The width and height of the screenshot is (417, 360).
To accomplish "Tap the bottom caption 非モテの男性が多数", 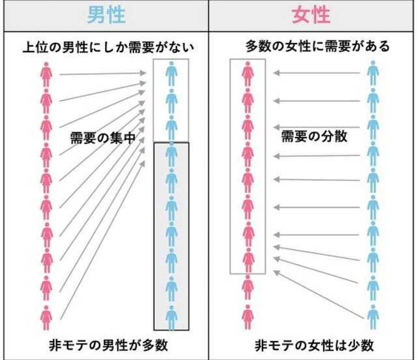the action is tap(106, 344).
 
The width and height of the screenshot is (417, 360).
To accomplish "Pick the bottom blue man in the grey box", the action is tap(170, 316).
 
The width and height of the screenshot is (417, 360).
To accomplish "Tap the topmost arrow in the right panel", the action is tap(316, 73).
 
